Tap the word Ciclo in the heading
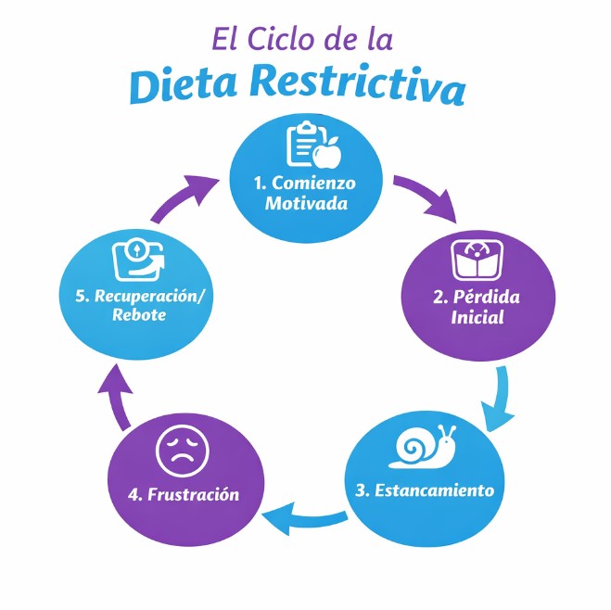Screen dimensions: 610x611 click(292, 40)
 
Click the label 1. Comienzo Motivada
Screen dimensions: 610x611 click(306, 192)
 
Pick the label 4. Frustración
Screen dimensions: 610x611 click(183, 493)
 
